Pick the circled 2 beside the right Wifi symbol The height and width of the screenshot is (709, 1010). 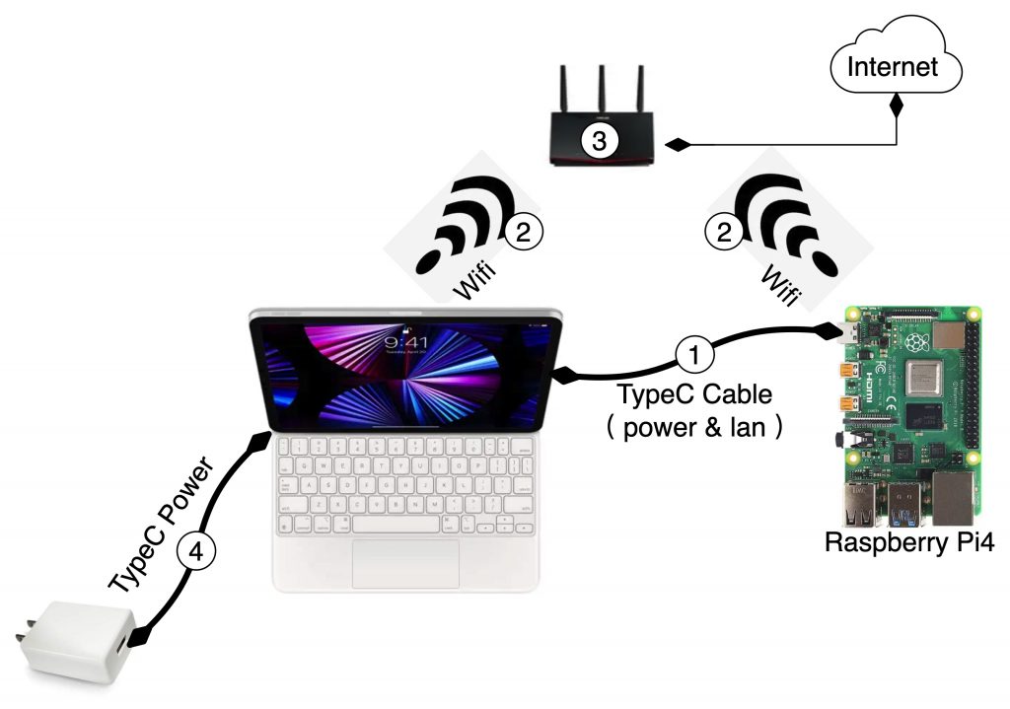[723, 232]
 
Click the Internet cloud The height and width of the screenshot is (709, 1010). [894, 67]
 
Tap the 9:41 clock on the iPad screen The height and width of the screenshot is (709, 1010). [405, 342]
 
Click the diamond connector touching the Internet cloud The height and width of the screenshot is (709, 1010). [897, 103]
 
